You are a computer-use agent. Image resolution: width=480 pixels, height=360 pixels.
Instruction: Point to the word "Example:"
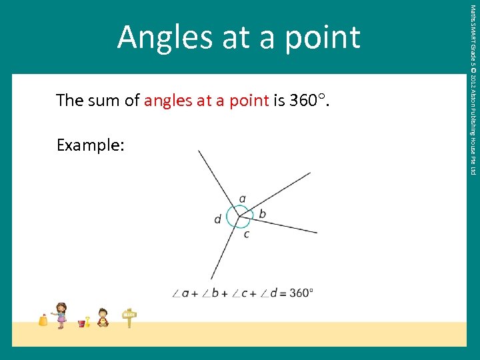coord(90,145)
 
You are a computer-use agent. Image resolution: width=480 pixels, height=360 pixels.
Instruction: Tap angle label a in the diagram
coord(242,198)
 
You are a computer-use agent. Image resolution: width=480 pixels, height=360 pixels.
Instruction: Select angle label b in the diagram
coord(262,213)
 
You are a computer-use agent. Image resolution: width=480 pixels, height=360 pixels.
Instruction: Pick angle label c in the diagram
coord(246,234)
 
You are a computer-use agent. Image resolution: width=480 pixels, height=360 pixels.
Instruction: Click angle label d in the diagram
coord(217,219)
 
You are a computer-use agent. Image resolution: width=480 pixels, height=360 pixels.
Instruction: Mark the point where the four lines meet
coord(239,216)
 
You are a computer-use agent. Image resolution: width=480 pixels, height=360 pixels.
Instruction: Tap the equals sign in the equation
coord(283,293)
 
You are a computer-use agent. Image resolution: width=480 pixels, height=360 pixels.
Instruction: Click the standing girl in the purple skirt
coord(61,315)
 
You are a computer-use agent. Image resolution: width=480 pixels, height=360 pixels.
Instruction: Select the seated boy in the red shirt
coord(103,317)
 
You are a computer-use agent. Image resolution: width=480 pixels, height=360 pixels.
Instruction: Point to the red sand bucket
coord(81,323)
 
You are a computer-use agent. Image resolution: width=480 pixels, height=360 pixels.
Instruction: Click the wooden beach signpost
coord(129,318)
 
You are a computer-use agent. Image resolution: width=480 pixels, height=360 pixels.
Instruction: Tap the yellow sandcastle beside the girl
coord(43,320)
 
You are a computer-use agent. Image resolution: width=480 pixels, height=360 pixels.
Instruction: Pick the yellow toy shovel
coord(87,321)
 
